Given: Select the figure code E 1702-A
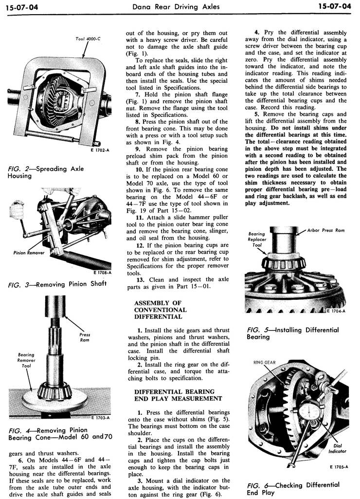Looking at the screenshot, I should click(100, 150).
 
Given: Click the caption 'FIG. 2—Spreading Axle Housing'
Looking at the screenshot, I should click(46, 172).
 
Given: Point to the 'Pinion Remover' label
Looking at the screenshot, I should click(30, 253).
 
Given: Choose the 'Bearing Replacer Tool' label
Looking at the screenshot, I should click(256, 240).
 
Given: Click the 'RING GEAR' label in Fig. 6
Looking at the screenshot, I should click(264, 362).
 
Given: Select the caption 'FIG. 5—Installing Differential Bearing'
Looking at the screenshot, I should click(292, 333).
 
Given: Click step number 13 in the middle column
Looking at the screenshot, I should click(140, 279).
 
